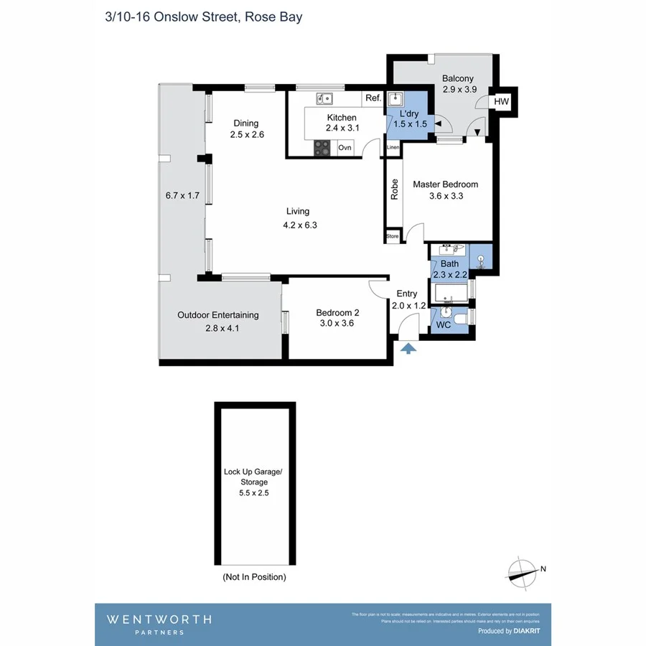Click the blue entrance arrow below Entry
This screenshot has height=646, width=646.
[408, 349]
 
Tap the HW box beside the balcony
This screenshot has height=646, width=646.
[501, 103]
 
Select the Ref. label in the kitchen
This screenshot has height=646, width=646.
[373, 98]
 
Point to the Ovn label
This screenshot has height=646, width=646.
[345, 148]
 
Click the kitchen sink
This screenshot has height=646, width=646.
[324, 98]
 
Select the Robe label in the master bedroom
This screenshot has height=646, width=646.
[394, 188]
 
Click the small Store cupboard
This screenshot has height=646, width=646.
[393, 235]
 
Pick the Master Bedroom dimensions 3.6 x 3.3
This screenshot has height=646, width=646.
[445, 196]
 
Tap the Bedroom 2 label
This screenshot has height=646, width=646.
[337, 313]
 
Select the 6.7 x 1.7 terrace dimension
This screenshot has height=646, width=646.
[182, 195]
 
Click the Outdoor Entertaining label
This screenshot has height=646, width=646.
[218, 315]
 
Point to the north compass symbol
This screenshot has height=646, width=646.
[523, 571]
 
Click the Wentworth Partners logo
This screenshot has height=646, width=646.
[159, 623]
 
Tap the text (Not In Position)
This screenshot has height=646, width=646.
[254, 577]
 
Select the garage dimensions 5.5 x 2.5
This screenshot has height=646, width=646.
[254, 493]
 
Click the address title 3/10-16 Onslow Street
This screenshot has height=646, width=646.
[203, 17]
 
